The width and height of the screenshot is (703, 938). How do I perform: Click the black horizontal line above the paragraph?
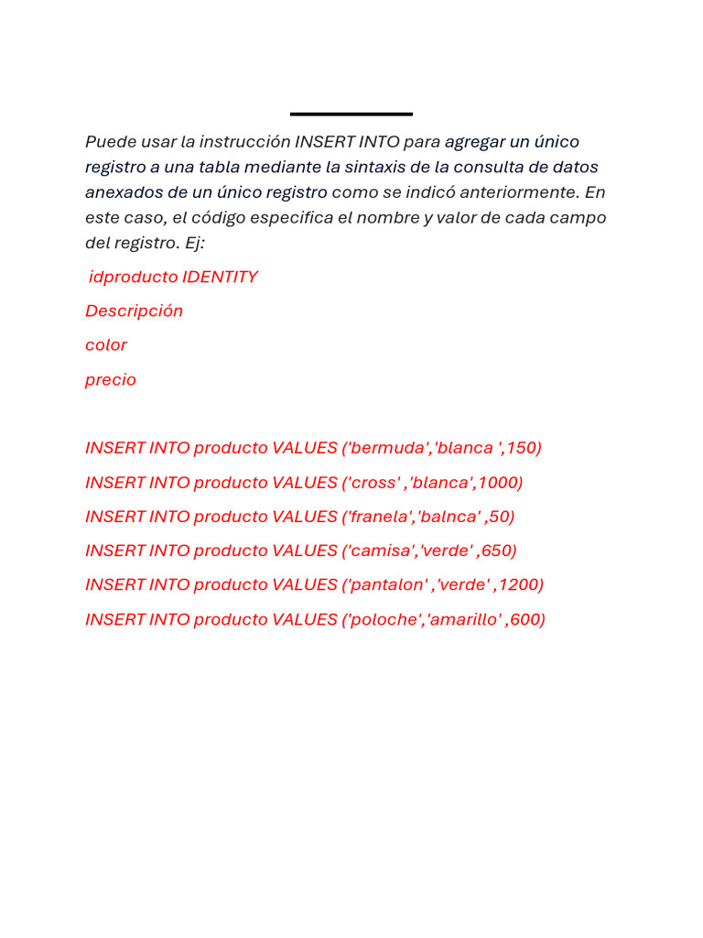tap(351, 114)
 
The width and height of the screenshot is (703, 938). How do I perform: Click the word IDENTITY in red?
tap(220, 277)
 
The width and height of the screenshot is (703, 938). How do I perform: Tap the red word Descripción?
tap(134, 311)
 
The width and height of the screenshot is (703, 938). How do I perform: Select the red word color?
tap(106, 345)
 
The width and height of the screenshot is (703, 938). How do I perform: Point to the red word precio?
tap(111, 379)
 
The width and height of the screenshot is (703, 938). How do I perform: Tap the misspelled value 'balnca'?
tap(449, 517)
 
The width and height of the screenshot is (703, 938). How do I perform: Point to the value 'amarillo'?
tap(465, 619)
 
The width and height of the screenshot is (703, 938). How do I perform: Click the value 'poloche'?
tap(385, 619)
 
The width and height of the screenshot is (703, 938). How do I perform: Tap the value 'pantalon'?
tap(388, 584)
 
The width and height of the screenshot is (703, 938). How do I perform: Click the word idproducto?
tap(133, 277)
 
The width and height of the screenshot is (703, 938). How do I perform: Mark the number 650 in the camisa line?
tap(498, 551)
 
